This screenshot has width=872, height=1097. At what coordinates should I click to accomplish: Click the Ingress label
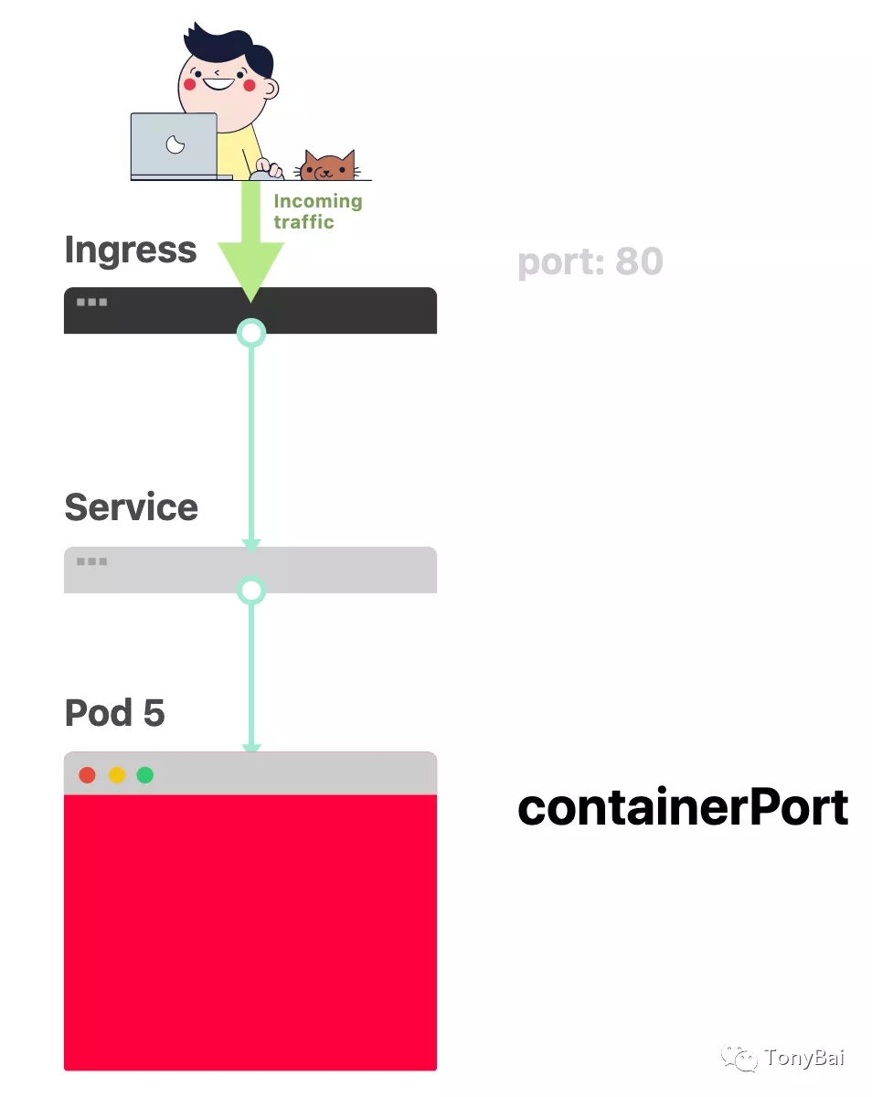pos(130,250)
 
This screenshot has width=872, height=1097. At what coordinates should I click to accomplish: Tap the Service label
pos(131,507)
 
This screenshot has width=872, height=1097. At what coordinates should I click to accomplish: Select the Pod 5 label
pos(114,713)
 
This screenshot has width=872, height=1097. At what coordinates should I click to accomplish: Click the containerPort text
pos(683,808)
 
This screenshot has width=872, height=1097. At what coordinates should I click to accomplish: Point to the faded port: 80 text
pos(590,261)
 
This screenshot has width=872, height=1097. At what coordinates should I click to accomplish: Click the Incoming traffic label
pos(317,211)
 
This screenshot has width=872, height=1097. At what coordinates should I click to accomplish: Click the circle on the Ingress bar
pos(251,333)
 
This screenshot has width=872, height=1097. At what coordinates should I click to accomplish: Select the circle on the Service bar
pos(251,591)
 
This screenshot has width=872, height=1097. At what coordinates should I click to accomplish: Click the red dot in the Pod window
pos(88,775)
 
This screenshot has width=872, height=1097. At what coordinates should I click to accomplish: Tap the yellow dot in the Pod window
pos(117,775)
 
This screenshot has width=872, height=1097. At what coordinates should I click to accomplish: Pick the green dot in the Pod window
pos(144,775)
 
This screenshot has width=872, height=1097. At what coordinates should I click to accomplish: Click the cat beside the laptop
pos(327,166)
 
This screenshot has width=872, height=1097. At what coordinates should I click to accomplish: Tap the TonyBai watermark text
pos(804,1058)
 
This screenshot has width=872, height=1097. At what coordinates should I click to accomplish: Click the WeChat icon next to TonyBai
pos(739,1059)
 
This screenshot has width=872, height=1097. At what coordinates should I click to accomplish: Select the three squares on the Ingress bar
pos(91,302)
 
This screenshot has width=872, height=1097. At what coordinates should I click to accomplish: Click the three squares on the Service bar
pos(91,561)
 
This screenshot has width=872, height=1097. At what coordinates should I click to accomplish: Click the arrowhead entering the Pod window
pos(251,749)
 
